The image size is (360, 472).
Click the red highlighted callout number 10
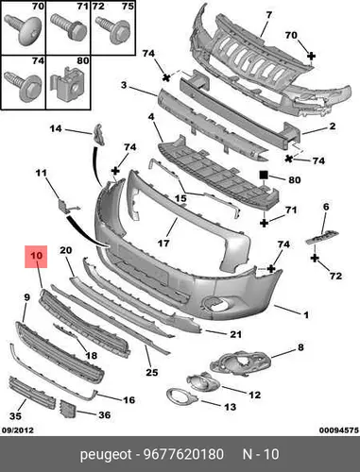(x=36, y=256)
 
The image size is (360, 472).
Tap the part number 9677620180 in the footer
(x=183, y=455)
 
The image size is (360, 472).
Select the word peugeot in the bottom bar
(x=106, y=455)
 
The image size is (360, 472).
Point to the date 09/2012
(x=18, y=430)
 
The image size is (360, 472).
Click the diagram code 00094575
(x=339, y=430)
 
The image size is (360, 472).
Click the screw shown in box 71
(x=69, y=27)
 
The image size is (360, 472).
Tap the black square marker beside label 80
(x=264, y=175)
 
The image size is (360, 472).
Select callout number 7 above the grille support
(x=268, y=15)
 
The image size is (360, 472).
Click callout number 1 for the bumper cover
(x=305, y=314)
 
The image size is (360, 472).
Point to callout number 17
(x=163, y=243)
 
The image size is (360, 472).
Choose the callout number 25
(x=151, y=372)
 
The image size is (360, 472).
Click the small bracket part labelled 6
(x=322, y=237)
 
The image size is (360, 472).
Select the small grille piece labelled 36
(x=67, y=409)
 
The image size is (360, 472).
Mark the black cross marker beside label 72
(x=315, y=259)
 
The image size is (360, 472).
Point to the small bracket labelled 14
(x=98, y=135)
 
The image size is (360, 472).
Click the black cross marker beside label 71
(x=264, y=223)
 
